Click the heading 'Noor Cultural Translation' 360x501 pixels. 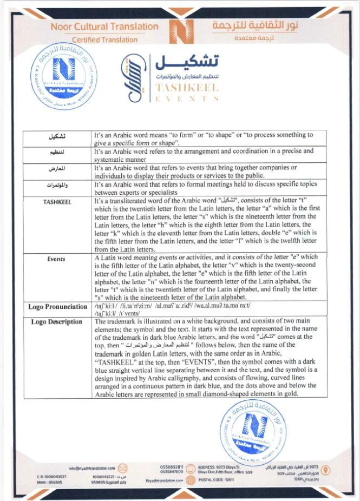(x=104, y=27)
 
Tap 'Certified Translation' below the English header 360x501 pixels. (x=104, y=39)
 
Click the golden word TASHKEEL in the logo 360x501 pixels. (x=187, y=88)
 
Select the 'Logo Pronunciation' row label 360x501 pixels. (x=58, y=307)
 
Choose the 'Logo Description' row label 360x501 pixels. (x=57, y=322)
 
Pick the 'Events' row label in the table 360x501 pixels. (x=57, y=259)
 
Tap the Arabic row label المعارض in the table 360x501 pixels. (x=57, y=168)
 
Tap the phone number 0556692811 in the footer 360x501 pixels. (x=173, y=466)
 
